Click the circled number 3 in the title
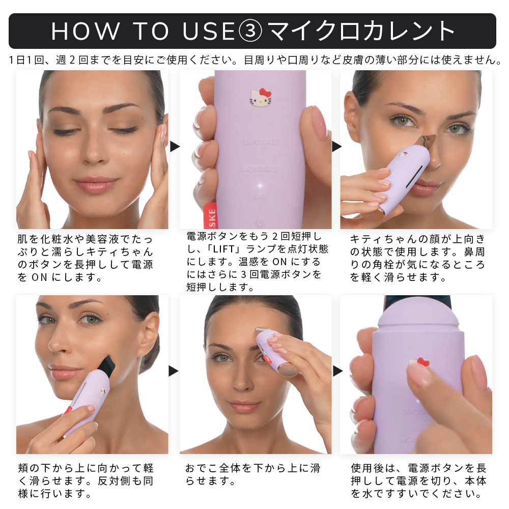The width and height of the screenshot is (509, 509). [250, 32]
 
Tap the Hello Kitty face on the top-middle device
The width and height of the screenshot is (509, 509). [261, 97]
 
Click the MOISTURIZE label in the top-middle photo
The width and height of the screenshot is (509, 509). [260, 169]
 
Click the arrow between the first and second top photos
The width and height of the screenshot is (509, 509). [175, 147]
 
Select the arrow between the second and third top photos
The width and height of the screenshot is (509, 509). [336, 147]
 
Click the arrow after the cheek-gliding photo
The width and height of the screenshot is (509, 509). [174, 371]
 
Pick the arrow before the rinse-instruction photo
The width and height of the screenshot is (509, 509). [337, 371]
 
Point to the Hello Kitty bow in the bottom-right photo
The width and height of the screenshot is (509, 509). [423, 362]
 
